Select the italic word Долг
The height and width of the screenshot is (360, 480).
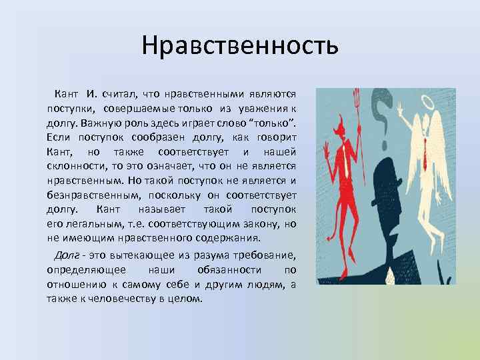tap(68, 255)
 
